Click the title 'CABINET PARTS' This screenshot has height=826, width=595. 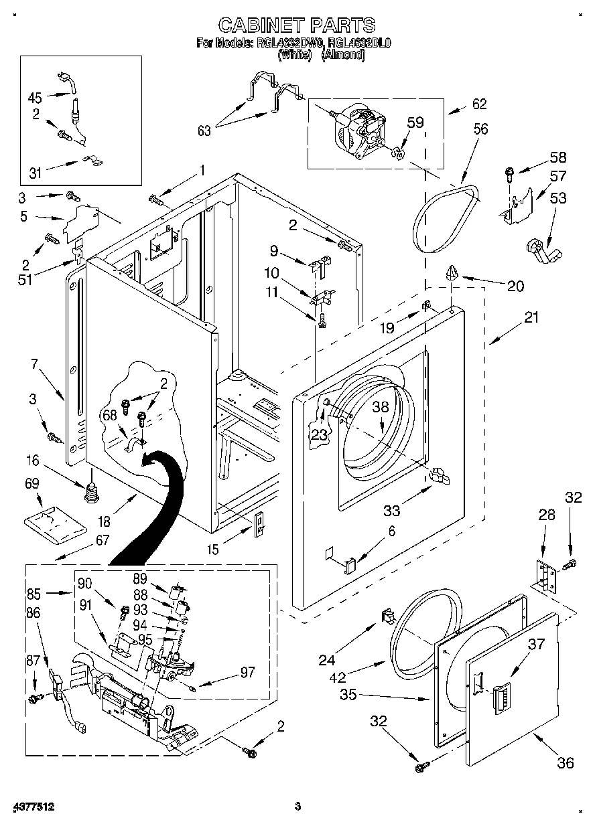tap(297, 25)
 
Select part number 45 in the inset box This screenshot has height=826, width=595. tap(35, 97)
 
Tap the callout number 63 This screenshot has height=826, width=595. tap(204, 131)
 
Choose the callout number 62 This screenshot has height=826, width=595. tap(479, 104)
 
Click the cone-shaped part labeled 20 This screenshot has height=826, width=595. tap(451, 271)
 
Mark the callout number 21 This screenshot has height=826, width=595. tap(531, 318)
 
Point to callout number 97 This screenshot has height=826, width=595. tap(247, 672)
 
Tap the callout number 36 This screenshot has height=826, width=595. tap(565, 762)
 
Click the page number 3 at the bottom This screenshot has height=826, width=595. tap(297, 807)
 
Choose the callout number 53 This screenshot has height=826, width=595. tap(557, 197)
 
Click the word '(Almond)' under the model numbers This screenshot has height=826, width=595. tap(343, 56)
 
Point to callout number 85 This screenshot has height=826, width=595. tap(34, 592)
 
